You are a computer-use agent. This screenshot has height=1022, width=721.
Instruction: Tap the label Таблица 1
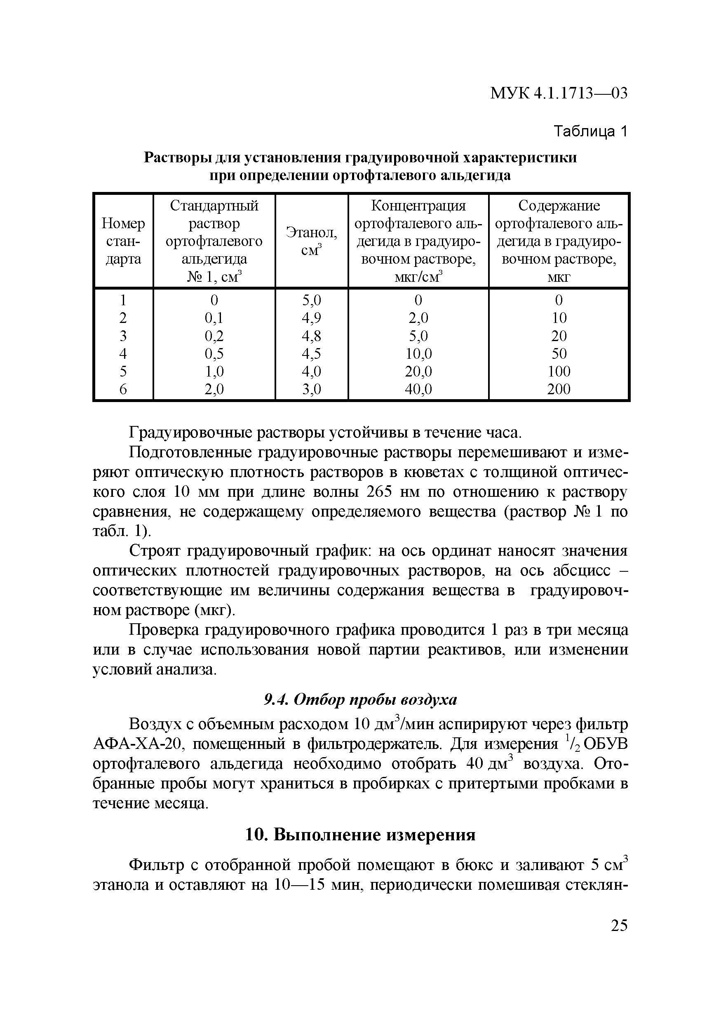tap(590, 131)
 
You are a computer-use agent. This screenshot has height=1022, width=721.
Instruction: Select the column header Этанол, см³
tap(311, 241)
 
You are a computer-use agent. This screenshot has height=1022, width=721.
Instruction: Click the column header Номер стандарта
tap(123, 241)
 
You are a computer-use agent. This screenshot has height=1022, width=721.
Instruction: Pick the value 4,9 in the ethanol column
tap(311, 318)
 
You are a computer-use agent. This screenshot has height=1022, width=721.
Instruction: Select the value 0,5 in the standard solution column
tap(214, 353)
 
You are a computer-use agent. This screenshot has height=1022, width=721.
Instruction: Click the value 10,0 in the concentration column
tap(418, 353)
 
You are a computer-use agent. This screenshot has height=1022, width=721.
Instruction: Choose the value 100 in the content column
tap(559, 371)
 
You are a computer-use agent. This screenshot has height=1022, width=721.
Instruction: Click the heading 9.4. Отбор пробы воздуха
tap(360, 700)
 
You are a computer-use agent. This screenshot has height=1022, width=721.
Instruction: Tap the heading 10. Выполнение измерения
tap(360, 835)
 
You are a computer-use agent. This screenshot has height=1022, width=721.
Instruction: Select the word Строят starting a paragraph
tap(154, 551)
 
